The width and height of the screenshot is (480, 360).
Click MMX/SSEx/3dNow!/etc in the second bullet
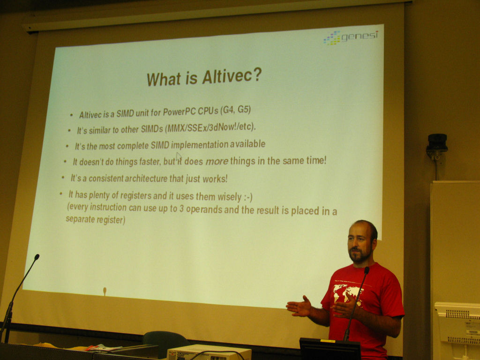(210, 127)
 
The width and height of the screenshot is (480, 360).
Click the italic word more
(217, 161)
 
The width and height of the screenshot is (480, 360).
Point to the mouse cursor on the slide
(179, 156)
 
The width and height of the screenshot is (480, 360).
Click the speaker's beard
(359, 255)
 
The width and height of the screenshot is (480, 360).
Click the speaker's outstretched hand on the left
(299, 307)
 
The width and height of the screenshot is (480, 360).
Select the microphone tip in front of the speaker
(367, 270)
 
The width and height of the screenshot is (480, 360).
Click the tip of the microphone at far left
(37, 257)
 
